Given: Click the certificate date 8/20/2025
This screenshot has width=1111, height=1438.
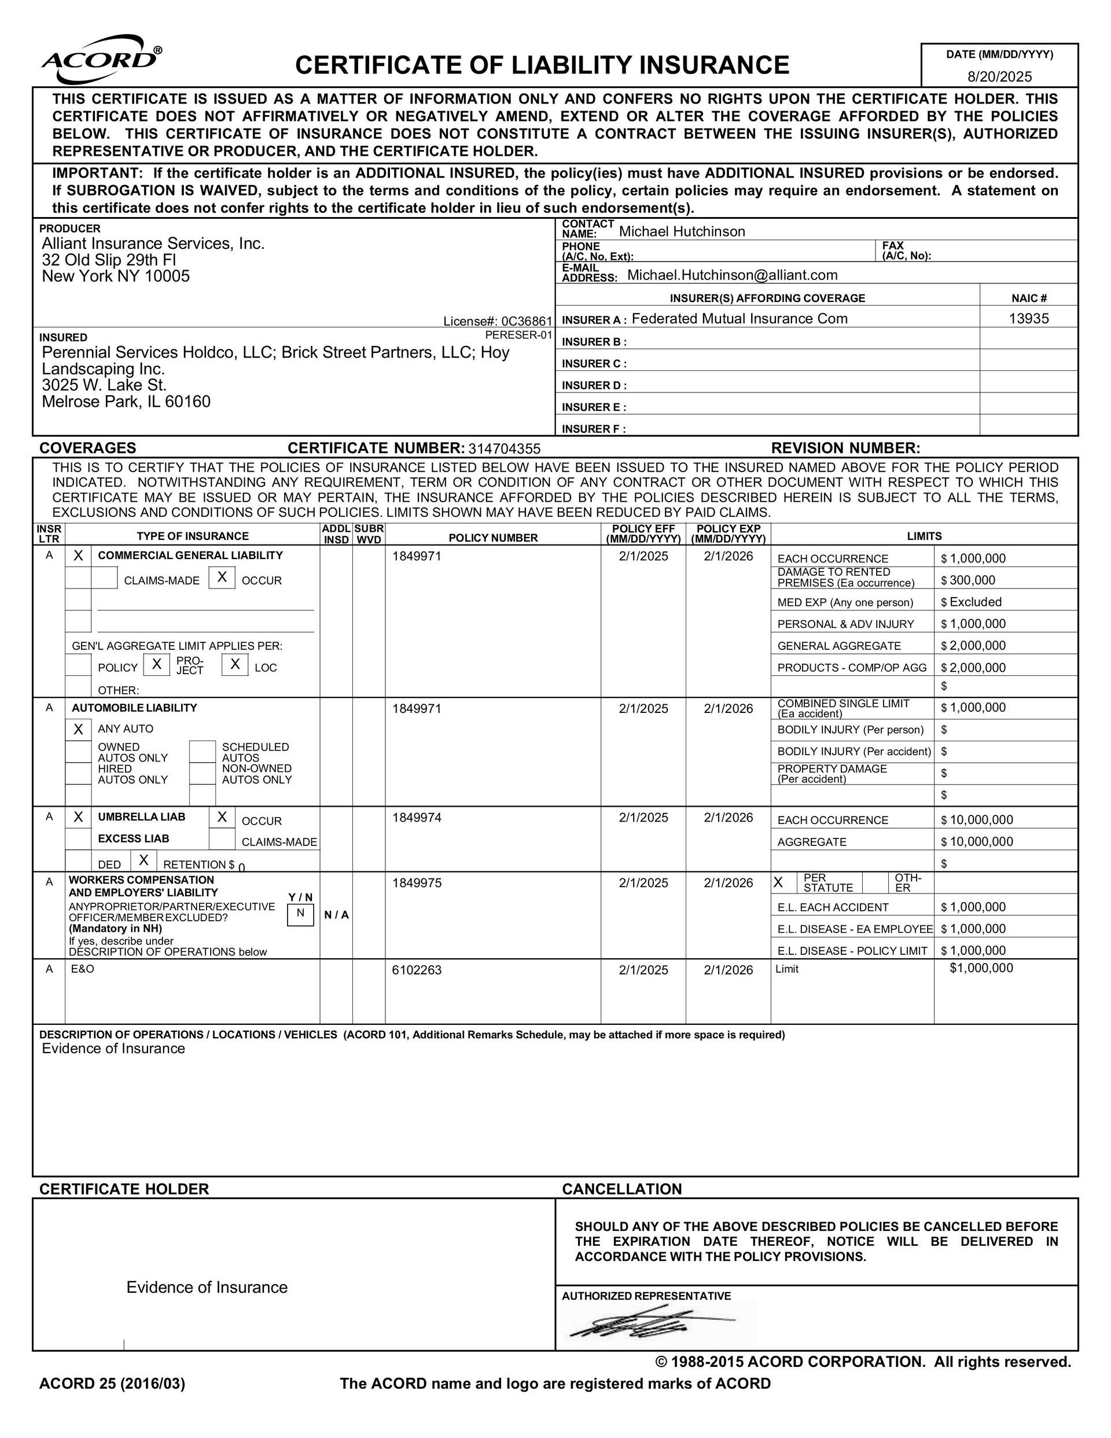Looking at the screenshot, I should point(999,76).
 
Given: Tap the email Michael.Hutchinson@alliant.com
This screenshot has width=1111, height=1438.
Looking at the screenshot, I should point(731,275).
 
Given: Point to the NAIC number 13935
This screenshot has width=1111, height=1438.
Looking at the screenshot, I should point(1028,319).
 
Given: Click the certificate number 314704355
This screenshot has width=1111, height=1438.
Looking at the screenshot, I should point(504,449).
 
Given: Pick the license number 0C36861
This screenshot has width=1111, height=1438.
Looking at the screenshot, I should point(526,321).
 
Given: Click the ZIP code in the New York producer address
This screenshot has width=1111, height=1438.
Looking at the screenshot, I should point(167,277).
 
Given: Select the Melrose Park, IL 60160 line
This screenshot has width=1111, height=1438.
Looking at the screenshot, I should point(126,402).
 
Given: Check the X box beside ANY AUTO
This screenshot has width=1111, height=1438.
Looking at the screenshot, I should point(78,729).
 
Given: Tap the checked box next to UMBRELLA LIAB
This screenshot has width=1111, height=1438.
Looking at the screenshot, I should point(78,817).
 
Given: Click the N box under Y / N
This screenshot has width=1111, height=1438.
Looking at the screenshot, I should point(300,914).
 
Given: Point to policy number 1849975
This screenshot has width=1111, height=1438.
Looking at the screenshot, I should point(416,883).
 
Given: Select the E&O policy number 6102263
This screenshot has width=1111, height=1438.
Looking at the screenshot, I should point(416,970).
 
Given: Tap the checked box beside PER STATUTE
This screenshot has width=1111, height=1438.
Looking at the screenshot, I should point(778,882).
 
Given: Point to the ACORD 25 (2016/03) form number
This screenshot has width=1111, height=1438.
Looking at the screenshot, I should point(112,1384).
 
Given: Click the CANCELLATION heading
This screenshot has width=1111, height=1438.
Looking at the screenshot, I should point(621,1189).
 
